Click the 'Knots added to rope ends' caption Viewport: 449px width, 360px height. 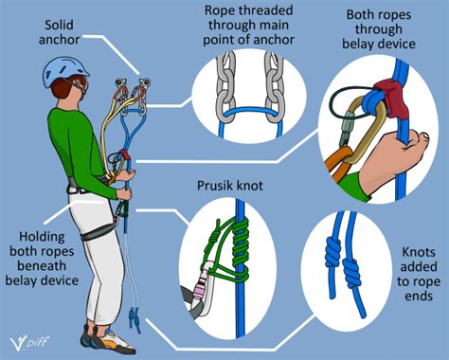(x=417, y=275)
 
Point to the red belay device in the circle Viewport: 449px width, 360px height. (x=385, y=95)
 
